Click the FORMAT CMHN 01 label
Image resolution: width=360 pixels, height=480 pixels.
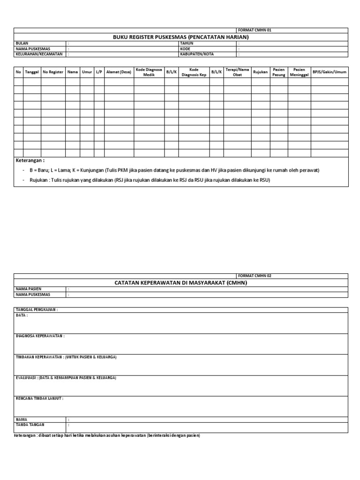(x=255, y=30)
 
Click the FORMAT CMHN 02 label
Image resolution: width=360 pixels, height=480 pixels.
(x=255, y=276)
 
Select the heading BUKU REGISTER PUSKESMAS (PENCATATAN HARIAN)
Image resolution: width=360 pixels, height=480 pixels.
(x=180, y=37)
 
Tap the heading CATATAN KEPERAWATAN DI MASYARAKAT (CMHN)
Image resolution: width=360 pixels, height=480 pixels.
(x=180, y=283)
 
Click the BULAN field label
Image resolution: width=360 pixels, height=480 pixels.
(x=22, y=43)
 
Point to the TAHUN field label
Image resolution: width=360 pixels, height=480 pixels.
(x=187, y=43)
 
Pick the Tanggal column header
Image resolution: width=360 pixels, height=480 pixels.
(x=32, y=72)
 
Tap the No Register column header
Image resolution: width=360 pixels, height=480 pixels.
(x=52, y=72)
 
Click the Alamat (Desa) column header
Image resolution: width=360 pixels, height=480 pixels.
(x=119, y=72)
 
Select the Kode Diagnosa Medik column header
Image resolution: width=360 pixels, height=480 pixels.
(x=149, y=72)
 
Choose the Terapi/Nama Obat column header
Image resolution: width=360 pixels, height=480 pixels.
(x=237, y=72)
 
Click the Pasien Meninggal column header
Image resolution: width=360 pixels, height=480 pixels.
(x=299, y=72)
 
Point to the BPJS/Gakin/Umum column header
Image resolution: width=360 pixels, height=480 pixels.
(x=330, y=72)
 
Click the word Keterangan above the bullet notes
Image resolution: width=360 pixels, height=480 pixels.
(x=30, y=161)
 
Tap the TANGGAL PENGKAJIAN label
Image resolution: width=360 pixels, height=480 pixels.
(x=37, y=310)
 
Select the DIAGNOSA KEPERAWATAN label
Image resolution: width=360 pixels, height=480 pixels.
(x=40, y=336)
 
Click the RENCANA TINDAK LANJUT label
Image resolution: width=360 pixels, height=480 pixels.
(x=39, y=398)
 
